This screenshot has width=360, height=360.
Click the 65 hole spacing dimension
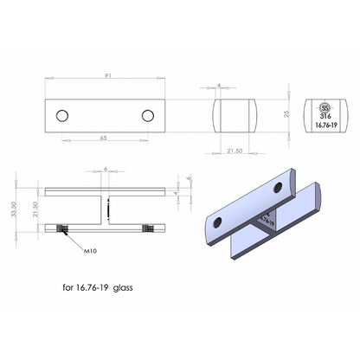pyautogui.click(x=102, y=137)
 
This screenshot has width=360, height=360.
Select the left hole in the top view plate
pyautogui.click(x=62, y=116)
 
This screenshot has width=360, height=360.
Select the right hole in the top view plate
pyautogui.click(x=148, y=116)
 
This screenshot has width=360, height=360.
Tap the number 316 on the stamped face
pyautogui.click(x=326, y=113)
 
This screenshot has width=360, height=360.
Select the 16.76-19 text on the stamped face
pyautogui.click(x=326, y=125)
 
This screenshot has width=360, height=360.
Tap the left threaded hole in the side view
pyautogui.click(x=61, y=229)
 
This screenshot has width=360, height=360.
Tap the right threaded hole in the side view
pyautogui.click(x=150, y=229)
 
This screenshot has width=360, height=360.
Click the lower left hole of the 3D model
pyautogui.click(x=219, y=223)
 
